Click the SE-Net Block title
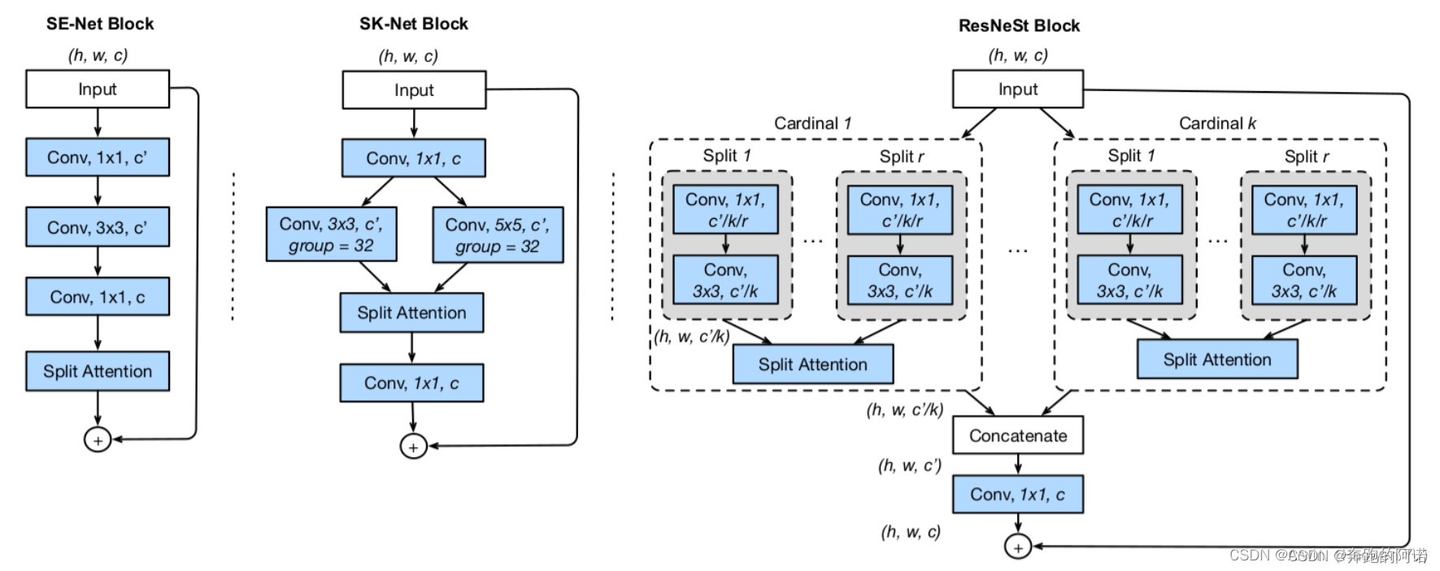99,24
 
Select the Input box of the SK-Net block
414,90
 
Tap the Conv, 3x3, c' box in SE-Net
98,227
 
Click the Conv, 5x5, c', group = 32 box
498,235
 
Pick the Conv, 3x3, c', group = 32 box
331,234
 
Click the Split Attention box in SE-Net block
98,371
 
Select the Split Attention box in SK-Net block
411,313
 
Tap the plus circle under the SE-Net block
98,440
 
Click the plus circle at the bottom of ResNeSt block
1017,547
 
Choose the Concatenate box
1017,436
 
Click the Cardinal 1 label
812,124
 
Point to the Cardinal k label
1217,124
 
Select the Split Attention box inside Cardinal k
1216,360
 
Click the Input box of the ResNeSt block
1017,89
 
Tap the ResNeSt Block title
1018,25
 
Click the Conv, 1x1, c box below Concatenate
1017,495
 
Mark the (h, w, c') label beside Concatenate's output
909,465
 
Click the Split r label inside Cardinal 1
901,156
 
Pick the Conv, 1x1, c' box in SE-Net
98,157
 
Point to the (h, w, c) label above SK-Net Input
408,56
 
